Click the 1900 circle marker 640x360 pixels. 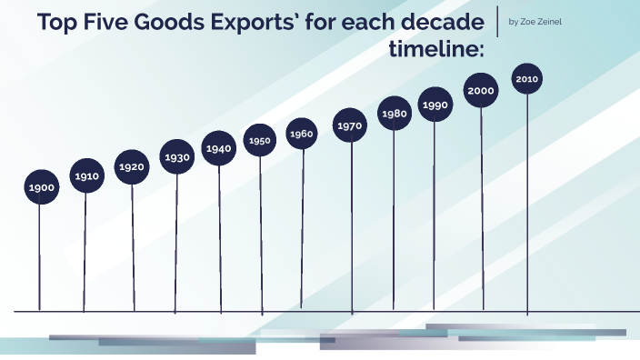pos(40,187)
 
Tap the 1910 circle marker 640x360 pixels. pos(87,176)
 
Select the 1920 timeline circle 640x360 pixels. pos(132,167)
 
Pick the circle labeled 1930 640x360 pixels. pos(177,157)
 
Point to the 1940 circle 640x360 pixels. pos(219,148)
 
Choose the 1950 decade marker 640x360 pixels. pos(260,141)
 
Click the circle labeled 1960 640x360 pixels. pos(302,135)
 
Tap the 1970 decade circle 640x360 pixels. pos(350,126)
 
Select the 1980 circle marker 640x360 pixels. pos(395,114)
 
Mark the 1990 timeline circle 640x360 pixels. pos(435,105)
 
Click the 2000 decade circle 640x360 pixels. pos(482,91)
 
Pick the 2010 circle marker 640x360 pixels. pos(527,79)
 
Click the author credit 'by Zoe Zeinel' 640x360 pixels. pos(541,22)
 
